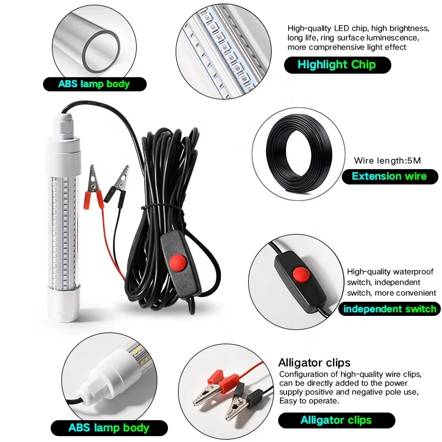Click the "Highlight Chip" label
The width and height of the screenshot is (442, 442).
[x=337, y=65]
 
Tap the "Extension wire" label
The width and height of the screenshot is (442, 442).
[x=389, y=176]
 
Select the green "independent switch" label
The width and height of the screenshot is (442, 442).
[x=390, y=309]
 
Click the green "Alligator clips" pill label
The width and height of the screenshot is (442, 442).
[x=336, y=420]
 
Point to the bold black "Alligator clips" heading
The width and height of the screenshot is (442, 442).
[x=314, y=362]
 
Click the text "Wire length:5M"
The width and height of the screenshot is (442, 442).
[x=387, y=160]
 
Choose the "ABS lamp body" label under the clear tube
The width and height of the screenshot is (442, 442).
[x=94, y=84]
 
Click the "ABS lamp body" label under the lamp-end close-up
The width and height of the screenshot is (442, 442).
[x=108, y=428]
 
